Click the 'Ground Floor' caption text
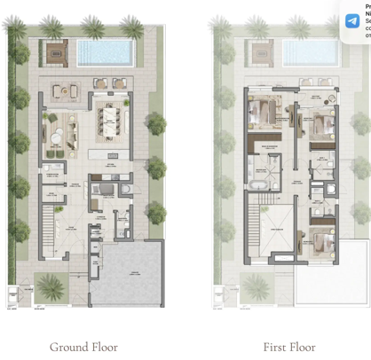pos(83,347)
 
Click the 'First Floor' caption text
pos(288,347)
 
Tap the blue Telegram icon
pos(352,20)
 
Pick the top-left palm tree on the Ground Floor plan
pos(15,27)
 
